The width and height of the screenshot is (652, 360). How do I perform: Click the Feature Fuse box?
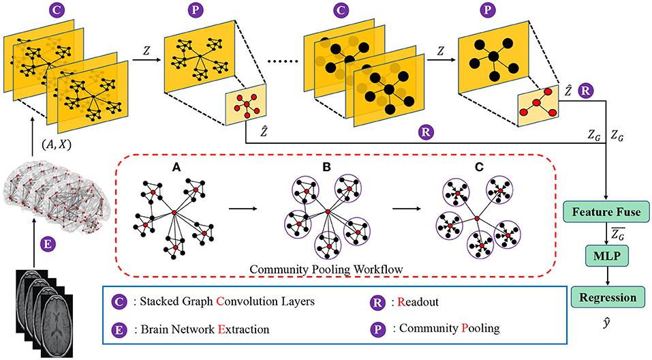tap(606, 212)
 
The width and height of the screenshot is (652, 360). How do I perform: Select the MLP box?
tap(606, 257)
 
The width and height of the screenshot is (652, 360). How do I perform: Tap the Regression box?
tap(606, 298)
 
